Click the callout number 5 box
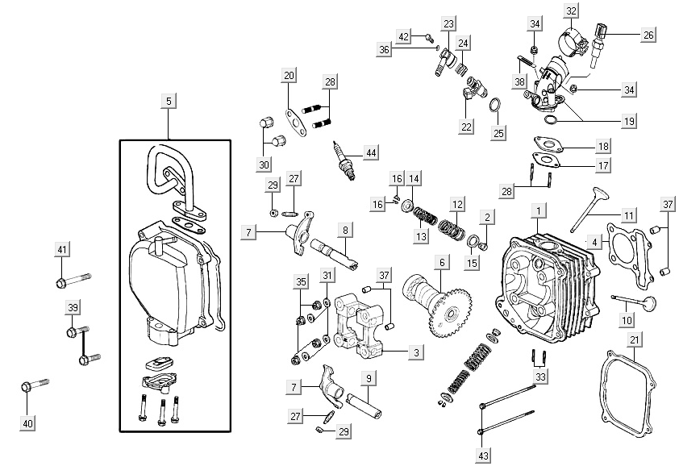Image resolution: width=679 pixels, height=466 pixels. (x=168, y=101)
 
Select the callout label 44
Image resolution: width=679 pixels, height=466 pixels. (x=370, y=152)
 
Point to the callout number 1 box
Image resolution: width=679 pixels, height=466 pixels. (x=535, y=211)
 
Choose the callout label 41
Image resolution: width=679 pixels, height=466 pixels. (x=62, y=249)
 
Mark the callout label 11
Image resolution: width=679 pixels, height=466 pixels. (x=628, y=215)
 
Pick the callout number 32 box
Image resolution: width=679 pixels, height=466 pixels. (x=571, y=10)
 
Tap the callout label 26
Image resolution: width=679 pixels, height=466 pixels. (x=648, y=35)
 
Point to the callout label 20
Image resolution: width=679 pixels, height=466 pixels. (x=289, y=76)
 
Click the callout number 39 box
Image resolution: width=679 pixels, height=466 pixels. (x=72, y=308)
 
